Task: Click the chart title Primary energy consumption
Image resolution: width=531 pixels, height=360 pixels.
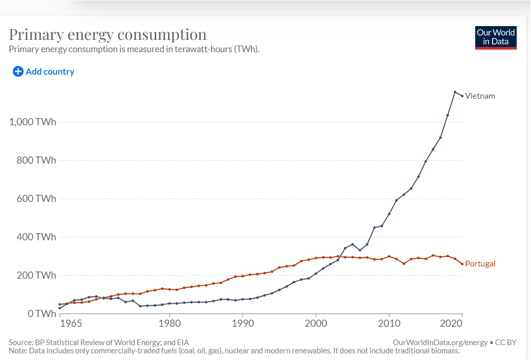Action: (x=108, y=35)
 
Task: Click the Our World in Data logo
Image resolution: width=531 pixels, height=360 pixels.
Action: (x=496, y=37)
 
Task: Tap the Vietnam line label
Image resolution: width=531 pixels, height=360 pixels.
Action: (x=480, y=96)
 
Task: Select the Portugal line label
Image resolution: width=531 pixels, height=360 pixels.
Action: (x=480, y=264)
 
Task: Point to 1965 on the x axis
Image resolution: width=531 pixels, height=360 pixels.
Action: (x=71, y=324)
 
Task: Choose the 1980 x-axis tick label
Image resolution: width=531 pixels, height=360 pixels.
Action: (x=169, y=324)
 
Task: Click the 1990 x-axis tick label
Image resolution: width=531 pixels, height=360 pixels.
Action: (x=242, y=324)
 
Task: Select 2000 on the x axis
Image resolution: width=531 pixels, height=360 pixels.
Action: (x=316, y=324)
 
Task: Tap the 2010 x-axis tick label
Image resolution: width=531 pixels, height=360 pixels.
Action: (x=389, y=324)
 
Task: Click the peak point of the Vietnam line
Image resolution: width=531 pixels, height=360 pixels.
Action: (x=455, y=92)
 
